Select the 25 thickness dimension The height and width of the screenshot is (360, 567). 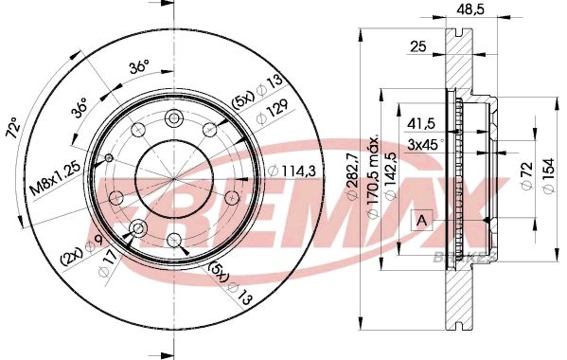click(x=418, y=46)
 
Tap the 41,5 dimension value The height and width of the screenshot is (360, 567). click(x=421, y=124)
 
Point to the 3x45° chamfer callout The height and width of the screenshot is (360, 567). click(x=424, y=145)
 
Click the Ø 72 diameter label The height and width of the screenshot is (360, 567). click(x=527, y=174)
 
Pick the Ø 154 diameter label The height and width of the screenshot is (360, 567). click(x=549, y=176)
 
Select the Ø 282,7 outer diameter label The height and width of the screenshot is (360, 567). click(x=352, y=176)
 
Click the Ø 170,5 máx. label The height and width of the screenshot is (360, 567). click(x=373, y=176)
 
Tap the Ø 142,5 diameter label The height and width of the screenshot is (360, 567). click(x=391, y=176)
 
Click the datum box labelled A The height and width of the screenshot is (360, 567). click(x=421, y=220)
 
